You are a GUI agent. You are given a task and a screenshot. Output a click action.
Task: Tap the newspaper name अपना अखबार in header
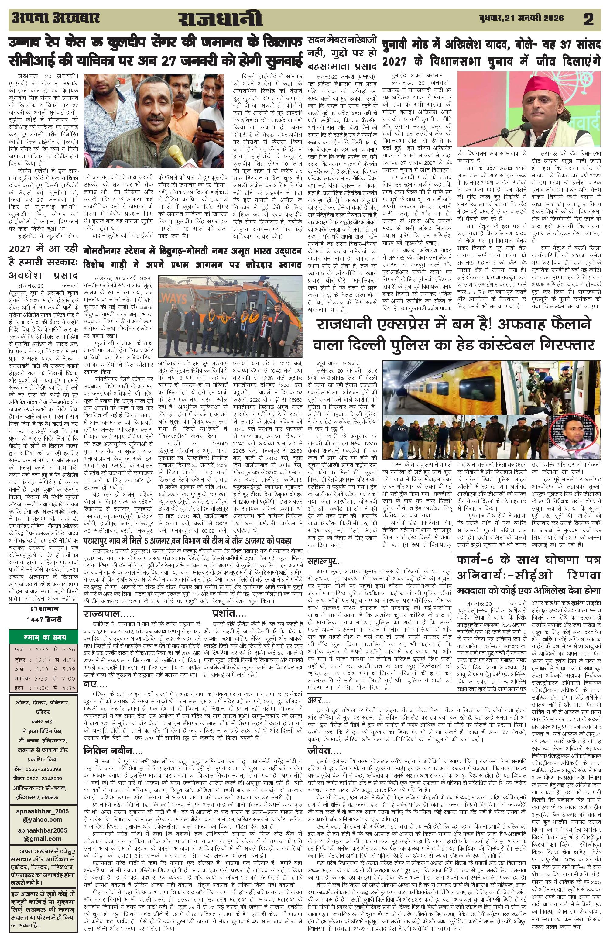(56, 18)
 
